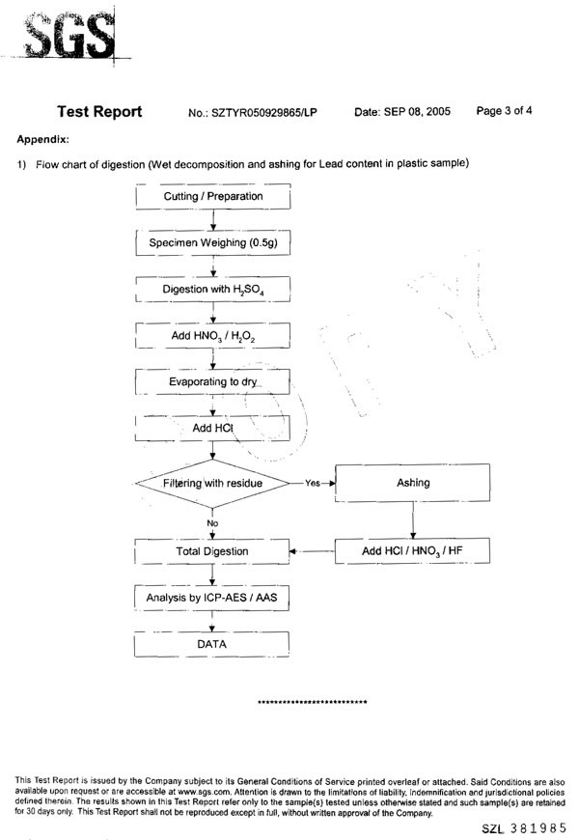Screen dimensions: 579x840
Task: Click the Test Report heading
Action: click(x=99, y=111)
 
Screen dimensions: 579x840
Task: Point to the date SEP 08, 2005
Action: click(x=417, y=111)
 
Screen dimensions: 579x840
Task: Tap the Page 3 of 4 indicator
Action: click(x=504, y=111)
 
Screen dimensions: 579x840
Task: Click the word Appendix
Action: click(x=42, y=139)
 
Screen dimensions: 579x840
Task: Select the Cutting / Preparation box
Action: click(x=213, y=196)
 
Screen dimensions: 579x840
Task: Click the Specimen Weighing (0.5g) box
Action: click(x=213, y=242)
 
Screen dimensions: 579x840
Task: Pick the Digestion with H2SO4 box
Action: click(x=213, y=290)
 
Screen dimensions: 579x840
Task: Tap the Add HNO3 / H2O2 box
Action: click(x=212, y=335)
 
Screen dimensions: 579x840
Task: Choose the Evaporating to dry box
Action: click(x=212, y=382)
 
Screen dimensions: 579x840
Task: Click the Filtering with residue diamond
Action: click(x=212, y=483)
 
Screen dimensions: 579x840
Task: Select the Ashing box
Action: click(x=412, y=483)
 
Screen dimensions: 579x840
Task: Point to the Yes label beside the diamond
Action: click(x=313, y=483)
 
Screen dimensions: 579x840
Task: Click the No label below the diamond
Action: click(x=212, y=523)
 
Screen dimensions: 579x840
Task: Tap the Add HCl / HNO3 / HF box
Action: click(x=412, y=550)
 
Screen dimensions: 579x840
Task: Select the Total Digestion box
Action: click(x=212, y=551)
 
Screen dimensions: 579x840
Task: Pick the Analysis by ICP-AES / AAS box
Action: click(x=212, y=598)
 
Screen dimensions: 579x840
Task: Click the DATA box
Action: click(x=211, y=644)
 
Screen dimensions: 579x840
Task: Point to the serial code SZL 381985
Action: click(x=524, y=828)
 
